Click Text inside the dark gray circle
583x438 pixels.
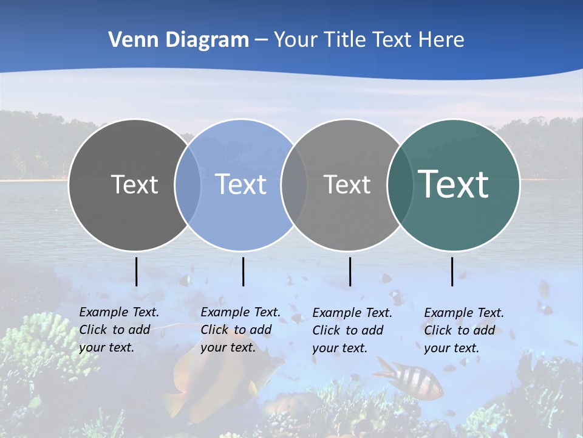[x=134, y=184]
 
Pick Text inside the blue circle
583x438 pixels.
[x=241, y=184]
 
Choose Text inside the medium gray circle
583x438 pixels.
[x=347, y=184]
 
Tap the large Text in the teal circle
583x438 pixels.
[x=454, y=184]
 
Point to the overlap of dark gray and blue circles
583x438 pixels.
[x=188, y=184]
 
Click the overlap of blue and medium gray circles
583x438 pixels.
[x=294, y=184]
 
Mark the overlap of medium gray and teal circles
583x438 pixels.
[x=400, y=184]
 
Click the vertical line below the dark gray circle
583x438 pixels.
[x=137, y=271]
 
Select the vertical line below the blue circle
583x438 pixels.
[x=243, y=271]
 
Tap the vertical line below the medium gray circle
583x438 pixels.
[x=350, y=271]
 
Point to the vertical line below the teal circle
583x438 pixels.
[x=452, y=271]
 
